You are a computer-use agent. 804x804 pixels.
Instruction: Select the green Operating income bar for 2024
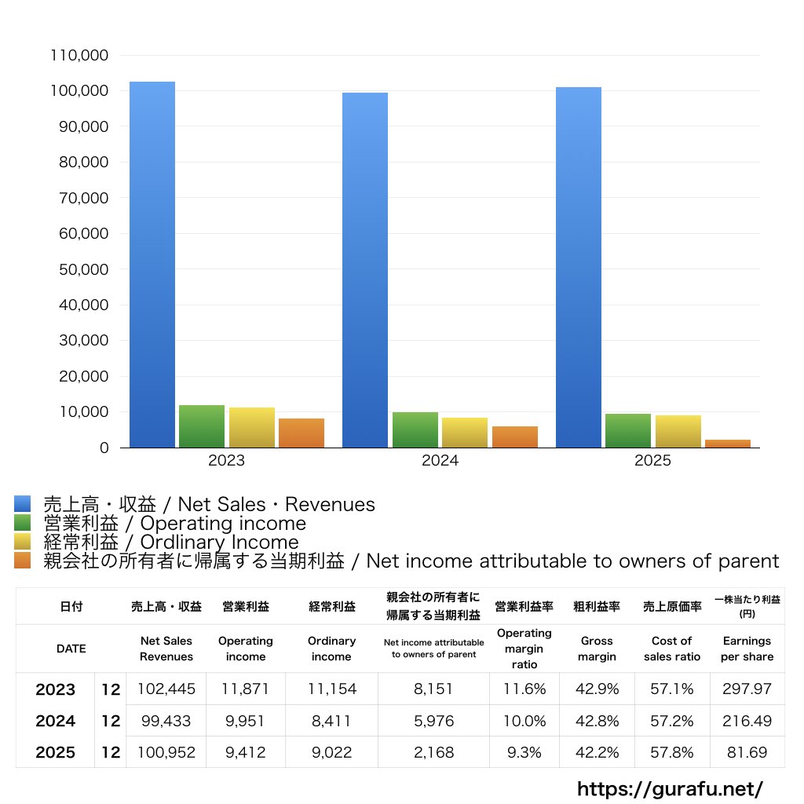tap(415, 429)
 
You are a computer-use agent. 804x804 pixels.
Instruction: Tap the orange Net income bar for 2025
tap(728, 444)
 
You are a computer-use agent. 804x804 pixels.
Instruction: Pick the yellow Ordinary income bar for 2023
tap(252, 427)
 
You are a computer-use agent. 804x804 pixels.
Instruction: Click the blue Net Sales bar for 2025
tap(579, 267)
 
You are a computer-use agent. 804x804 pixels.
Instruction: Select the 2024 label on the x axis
tap(440, 461)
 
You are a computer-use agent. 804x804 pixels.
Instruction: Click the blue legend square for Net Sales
tap(22, 503)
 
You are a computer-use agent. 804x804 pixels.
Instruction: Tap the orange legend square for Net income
tap(22, 561)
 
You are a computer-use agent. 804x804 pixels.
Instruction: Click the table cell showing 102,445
tap(166, 689)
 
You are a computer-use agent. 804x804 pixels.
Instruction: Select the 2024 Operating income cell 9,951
tap(246, 721)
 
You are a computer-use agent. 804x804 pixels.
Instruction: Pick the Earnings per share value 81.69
tap(747, 752)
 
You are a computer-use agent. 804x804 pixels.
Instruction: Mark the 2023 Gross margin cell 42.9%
tap(598, 689)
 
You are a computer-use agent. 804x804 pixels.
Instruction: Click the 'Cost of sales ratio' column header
tap(672, 649)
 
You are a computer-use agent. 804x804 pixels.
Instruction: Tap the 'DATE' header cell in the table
tap(71, 649)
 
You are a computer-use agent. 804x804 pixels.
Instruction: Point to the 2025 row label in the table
tap(56, 752)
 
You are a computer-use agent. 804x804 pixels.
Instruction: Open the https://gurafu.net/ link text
tap(670, 788)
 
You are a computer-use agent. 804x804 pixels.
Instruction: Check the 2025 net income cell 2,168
tap(433, 752)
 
